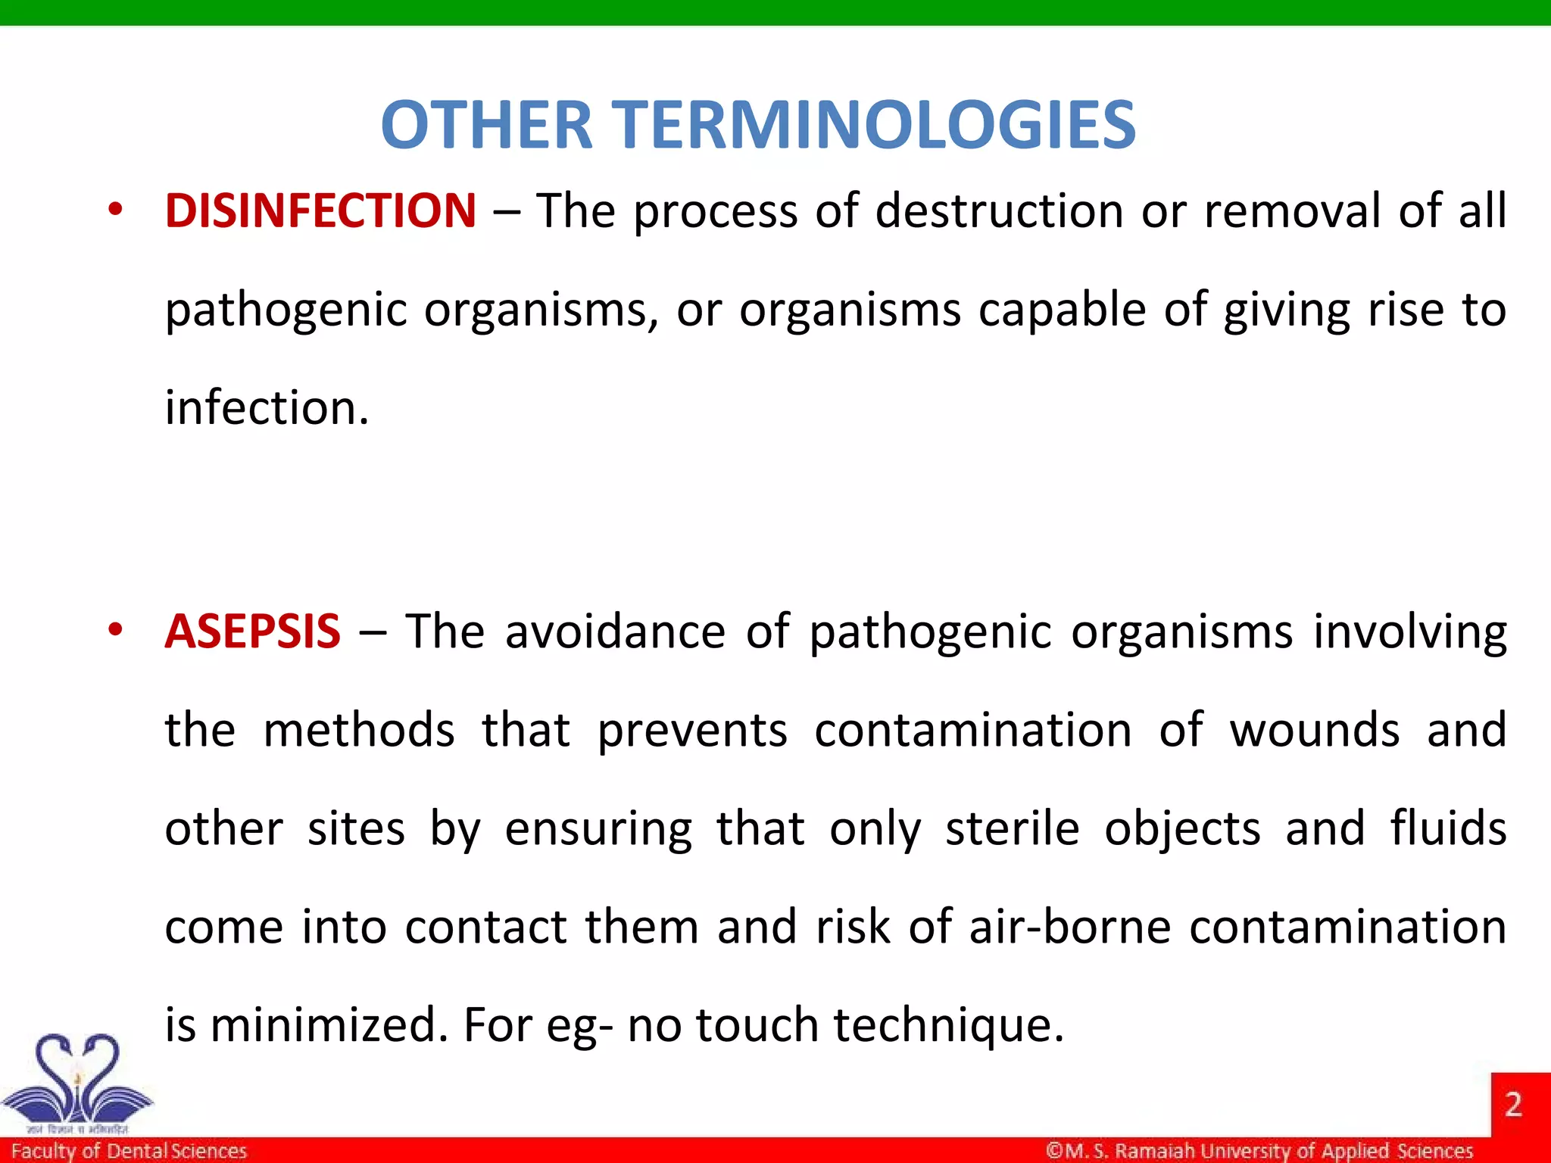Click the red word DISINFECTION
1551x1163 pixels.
tap(320, 210)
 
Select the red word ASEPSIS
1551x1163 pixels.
tap(252, 631)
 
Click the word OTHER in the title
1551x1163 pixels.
tap(486, 125)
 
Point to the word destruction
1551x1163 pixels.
tap(999, 210)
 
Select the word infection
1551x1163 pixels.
tap(267, 408)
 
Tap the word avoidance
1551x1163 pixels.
tap(615, 631)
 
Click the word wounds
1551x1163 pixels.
tap(1315, 731)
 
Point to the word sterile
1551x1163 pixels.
tap(1012, 828)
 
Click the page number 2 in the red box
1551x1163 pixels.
tap(1513, 1105)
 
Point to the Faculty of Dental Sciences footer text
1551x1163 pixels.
tap(129, 1151)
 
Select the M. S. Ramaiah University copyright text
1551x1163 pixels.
tap(1259, 1151)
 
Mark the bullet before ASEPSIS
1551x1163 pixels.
tap(114, 630)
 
